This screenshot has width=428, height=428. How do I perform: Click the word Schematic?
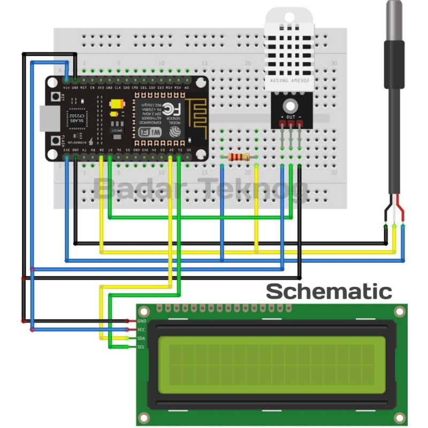[329, 292]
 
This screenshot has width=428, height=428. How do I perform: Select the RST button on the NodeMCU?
[56, 98]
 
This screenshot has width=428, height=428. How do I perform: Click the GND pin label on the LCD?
[142, 321]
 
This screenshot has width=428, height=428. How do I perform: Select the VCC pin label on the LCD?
[142, 330]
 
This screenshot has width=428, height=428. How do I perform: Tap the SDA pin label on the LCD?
[142, 338]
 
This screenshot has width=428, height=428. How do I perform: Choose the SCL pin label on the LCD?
[141, 347]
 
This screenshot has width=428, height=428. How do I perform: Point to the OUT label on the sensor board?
[291, 116]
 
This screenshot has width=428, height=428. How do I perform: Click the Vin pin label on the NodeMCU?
[66, 87]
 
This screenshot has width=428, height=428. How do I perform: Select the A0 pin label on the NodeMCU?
[186, 87]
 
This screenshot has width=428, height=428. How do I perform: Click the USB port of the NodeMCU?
[48, 119]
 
